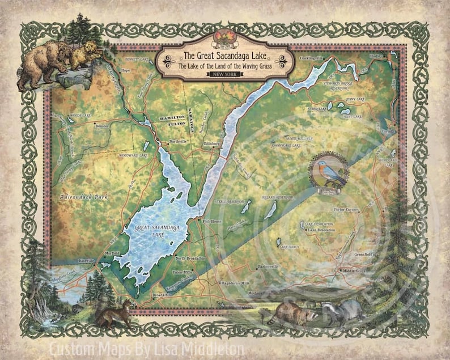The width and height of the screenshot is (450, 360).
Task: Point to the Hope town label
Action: [x=126, y=70]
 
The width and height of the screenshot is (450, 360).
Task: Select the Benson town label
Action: [x=102, y=126]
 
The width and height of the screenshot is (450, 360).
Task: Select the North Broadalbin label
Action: [x=189, y=259]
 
